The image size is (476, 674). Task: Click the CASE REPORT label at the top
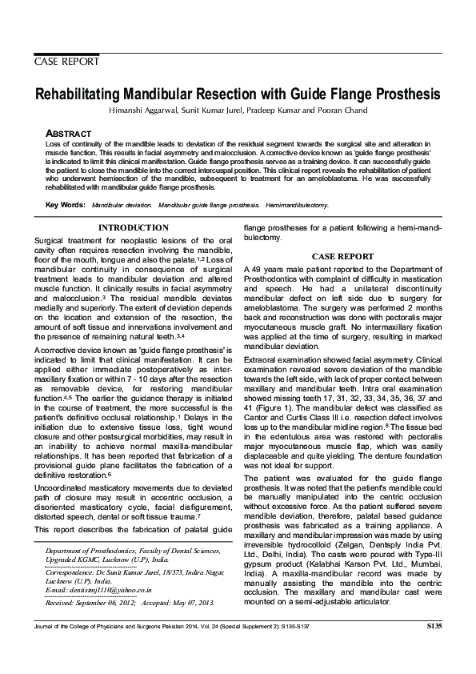(66, 61)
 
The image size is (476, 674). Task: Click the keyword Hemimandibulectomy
(297, 206)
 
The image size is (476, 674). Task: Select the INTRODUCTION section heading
(133, 228)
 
